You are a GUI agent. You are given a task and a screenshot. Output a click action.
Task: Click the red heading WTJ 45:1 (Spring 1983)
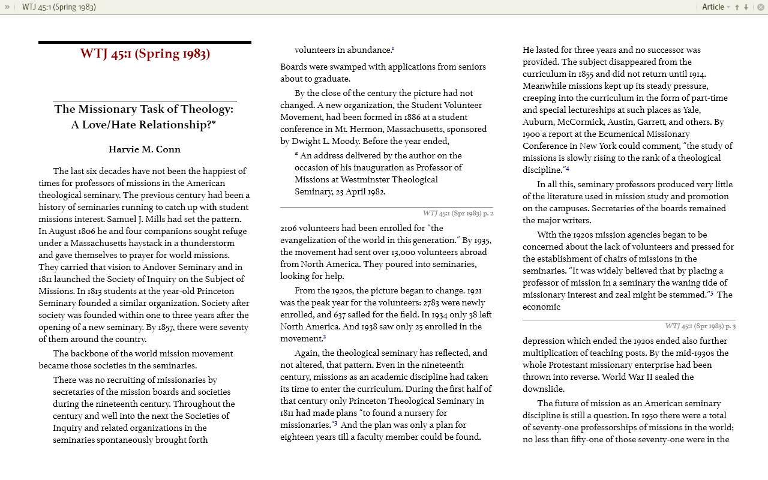[145, 54]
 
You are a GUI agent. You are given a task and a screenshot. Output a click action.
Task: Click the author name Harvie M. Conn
[145, 149]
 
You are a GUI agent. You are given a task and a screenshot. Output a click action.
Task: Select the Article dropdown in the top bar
[716, 7]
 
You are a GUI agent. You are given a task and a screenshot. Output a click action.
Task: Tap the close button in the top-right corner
[760, 7]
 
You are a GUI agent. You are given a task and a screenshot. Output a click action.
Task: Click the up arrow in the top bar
[737, 7]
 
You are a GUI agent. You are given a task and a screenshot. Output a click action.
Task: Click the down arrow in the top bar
[746, 7]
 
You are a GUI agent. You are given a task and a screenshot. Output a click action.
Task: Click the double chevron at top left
[7, 7]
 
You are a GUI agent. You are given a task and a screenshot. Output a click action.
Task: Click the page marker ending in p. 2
[458, 213]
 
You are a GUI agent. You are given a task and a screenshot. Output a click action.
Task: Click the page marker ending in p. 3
[700, 326]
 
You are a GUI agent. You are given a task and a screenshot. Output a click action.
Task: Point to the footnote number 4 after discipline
[567, 169]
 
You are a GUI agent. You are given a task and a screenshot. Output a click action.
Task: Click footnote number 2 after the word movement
[325, 337]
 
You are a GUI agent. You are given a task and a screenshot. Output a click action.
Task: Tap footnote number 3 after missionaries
[335, 424]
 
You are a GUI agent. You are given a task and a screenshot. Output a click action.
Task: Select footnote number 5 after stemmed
[712, 293]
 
